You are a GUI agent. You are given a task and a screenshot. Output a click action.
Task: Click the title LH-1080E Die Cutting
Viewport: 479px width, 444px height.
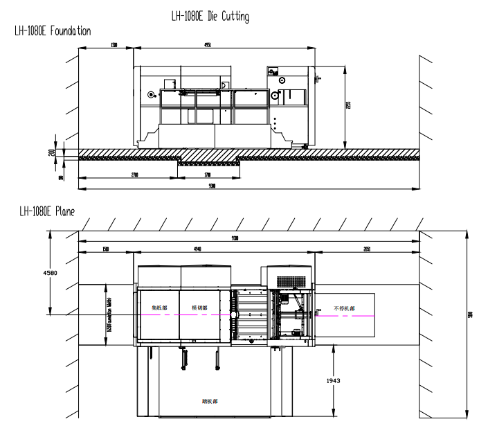pos(210,16)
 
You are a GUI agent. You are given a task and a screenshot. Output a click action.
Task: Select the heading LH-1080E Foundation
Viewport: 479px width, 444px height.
pos(53,31)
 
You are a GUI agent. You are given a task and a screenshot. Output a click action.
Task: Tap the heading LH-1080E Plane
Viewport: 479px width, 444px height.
pos(46,211)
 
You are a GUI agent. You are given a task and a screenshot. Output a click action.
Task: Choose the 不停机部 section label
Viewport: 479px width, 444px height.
pos(343,308)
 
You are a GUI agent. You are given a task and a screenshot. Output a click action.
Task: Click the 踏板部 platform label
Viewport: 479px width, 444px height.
pos(210,401)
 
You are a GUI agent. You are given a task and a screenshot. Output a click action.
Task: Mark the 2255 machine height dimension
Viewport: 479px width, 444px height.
pos(349,106)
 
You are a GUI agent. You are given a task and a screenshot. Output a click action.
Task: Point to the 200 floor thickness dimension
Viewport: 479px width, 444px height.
pos(51,152)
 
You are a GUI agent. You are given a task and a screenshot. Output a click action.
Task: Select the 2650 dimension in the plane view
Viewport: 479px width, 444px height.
pos(366,249)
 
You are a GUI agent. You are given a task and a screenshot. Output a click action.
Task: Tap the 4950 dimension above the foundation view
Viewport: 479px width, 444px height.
pos(208,45)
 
